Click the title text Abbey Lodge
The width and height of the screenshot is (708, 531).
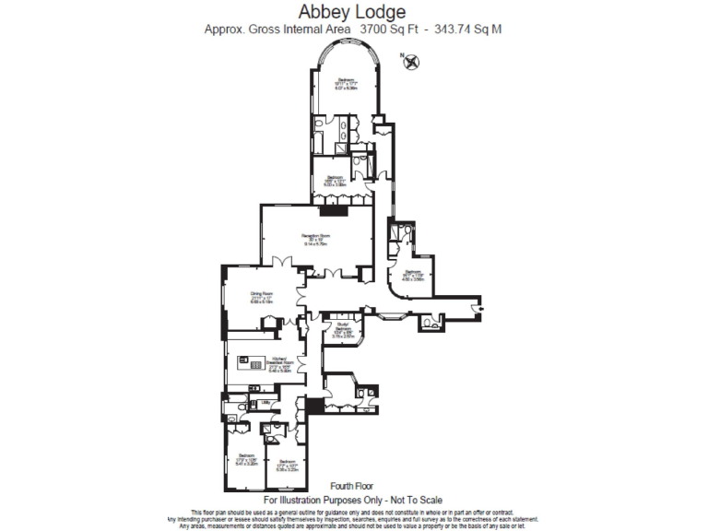[x=353, y=12]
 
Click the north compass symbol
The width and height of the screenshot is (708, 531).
[x=411, y=62]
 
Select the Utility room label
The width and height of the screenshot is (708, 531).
[x=265, y=402]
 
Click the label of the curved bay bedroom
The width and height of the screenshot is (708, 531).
[x=346, y=84]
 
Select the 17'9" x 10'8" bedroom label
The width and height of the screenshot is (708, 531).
[x=246, y=460]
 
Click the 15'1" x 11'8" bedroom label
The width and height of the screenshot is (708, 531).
[x=413, y=274]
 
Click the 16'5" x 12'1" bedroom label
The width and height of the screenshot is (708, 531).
[x=334, y=180]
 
